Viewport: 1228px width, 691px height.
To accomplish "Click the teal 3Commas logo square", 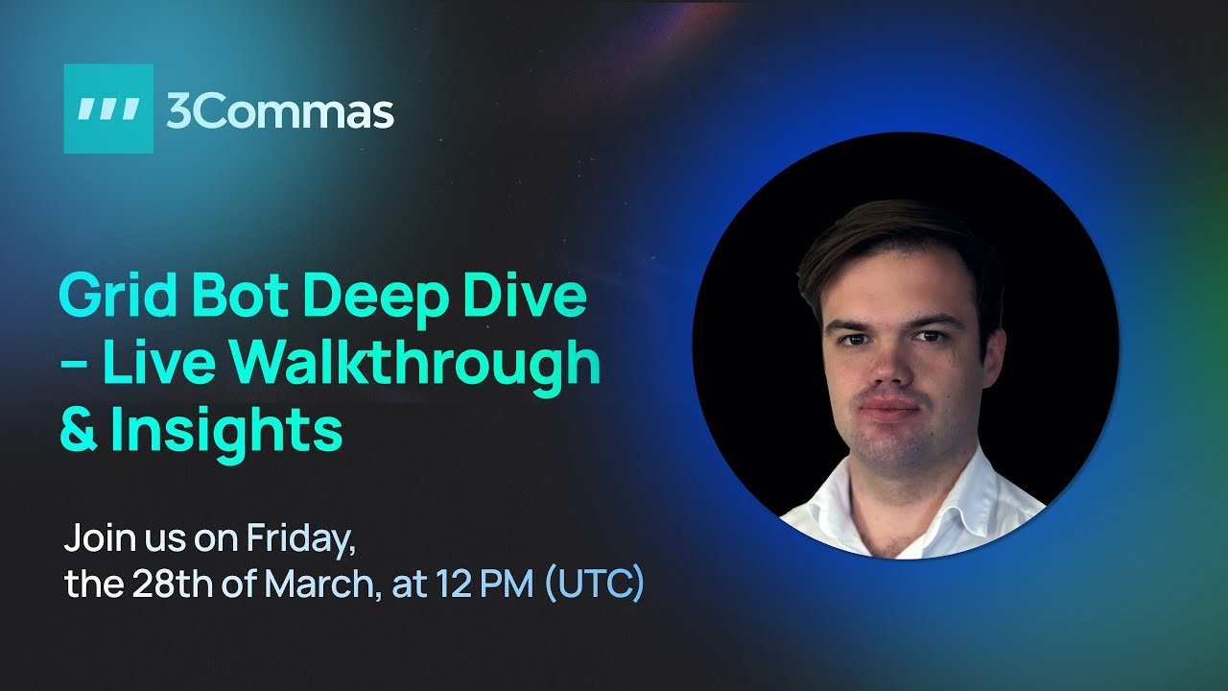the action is [108, 108].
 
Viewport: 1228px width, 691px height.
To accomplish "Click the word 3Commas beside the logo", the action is [280, 112].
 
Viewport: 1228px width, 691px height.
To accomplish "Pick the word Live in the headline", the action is [158, 361].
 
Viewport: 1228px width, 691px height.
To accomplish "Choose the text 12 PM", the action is [484, 584].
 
